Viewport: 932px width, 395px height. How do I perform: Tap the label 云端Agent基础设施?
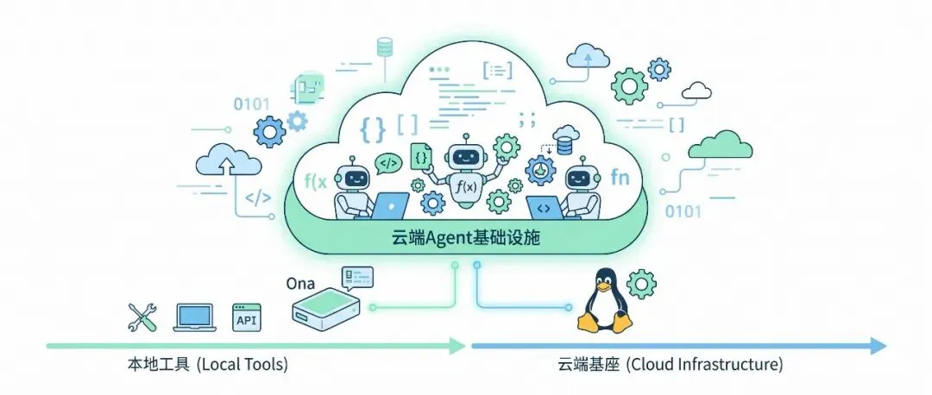[x=466, y=239]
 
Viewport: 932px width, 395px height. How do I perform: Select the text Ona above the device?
[x=301, y=284]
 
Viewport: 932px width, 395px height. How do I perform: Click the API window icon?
[x=246, y=317]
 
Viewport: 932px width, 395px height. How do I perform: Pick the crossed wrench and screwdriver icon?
[x=142, y=317]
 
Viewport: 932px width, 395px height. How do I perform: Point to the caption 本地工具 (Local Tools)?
[x=207, y=364]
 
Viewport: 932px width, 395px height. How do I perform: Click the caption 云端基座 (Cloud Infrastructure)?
[x=670, y=364]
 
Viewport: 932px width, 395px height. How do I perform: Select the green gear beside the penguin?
[x=642, y=284]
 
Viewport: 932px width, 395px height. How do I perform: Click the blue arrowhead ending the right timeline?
[x=879, y=345]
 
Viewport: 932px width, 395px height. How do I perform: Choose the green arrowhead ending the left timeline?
[x=457, y=345]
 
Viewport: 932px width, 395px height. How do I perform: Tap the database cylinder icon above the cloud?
[x=385, y=47]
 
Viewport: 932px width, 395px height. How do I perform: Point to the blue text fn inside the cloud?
[x=620, y=177]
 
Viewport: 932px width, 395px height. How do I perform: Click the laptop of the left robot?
[x=391, y=205]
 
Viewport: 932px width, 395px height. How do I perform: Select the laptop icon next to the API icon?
[x=194, y=318]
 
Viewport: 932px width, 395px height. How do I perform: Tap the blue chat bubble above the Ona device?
[x=356, y=276]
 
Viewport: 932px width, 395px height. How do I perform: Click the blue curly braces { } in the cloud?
[x=373, y=129]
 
